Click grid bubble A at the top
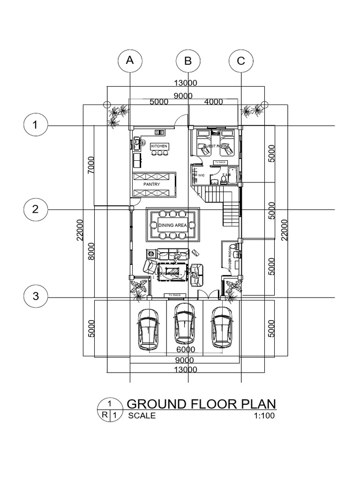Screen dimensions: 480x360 (x=130, y=60)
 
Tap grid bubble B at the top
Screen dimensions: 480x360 (x=188, y=61)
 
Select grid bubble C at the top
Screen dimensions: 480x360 (x=241, y=61)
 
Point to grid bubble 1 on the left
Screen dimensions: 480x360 (x=35, y=126)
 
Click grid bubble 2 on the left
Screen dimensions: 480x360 (x=35, y=209)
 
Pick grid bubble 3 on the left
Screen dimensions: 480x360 (x=35, y=297)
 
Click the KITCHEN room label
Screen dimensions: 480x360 (x=159, y=146)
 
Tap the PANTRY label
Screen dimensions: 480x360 (x=152, y=184)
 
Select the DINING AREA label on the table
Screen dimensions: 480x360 (x=173, y=225)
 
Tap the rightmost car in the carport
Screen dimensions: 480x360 (x=221, y=326)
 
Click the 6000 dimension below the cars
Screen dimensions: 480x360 (x=185, y=350)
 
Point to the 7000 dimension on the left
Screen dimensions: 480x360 (x=91, y=165)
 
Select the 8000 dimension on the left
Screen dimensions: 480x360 (x=91, y=250)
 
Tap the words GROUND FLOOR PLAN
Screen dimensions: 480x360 (x=202, y=404)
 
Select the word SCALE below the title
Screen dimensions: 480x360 (x=142, y=415)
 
